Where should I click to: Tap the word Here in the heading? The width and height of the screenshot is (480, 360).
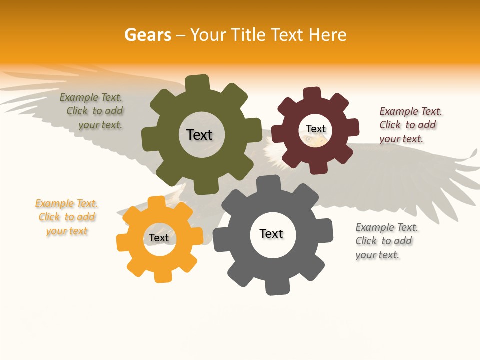click(327, 35)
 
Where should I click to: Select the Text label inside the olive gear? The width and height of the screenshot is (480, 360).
click(199, 135)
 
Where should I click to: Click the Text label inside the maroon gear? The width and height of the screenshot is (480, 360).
click(315, 129)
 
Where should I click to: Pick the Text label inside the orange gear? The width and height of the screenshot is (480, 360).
click(159, 238)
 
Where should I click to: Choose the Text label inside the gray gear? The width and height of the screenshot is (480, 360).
click(271, 233)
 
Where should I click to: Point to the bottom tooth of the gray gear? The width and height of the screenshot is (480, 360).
click(276, 287)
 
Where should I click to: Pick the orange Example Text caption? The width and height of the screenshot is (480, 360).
click(67, 217)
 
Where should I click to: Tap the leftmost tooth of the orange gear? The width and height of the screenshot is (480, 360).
click(122, 243)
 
